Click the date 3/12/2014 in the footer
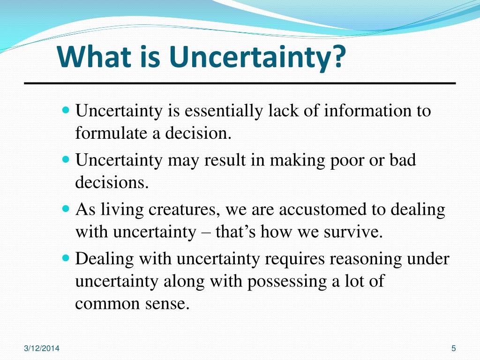coord(42,348)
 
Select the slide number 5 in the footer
coord(453,348)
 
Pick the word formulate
coord(110,134)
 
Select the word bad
coord(402,160)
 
